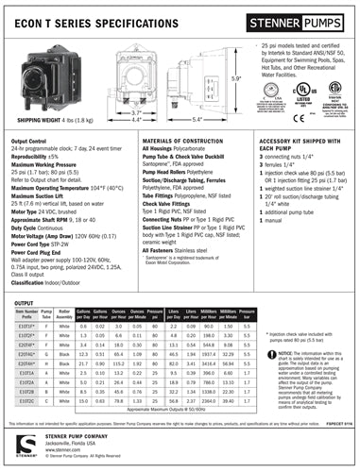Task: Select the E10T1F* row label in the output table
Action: [x=27, y=325]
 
